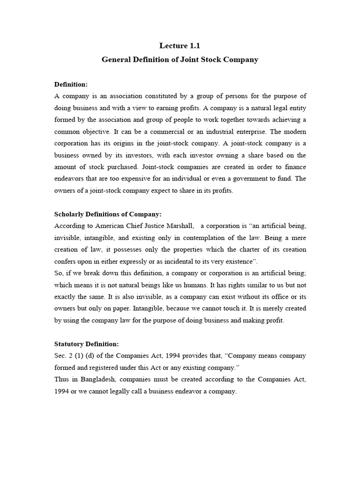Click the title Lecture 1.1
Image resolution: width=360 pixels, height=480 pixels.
point(180,45)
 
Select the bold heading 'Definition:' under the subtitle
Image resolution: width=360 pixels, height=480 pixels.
point(71,84)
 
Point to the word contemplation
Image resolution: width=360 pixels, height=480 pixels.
point(215,238)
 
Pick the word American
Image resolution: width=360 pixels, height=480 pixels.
point(111,226)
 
